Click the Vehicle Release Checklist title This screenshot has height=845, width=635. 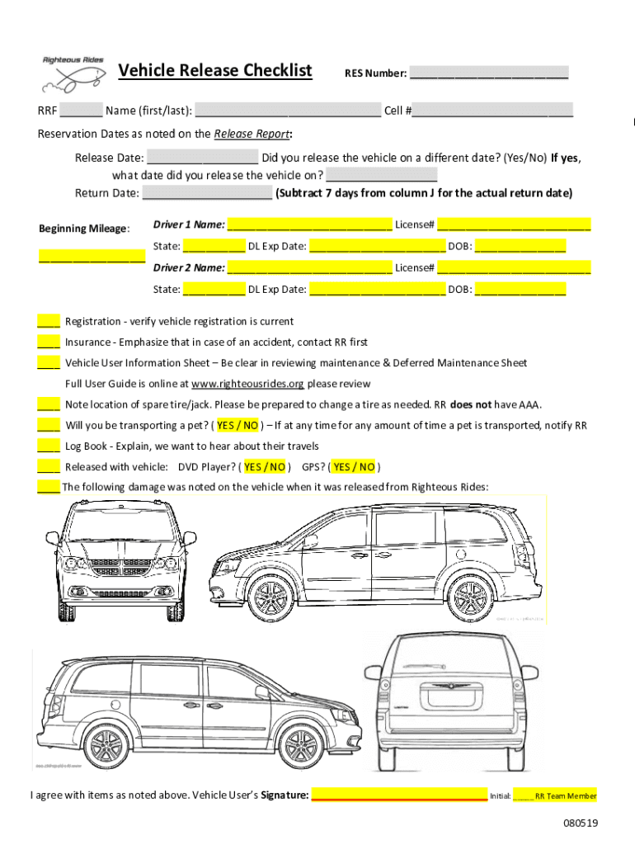[x=215, y=71]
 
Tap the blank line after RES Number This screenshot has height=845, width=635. [x=489, y=74]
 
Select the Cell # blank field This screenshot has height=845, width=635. [x=492, y=111]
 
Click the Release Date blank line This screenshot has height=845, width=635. [x=202, y=158]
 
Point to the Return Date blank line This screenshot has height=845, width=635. [x=207, y=194]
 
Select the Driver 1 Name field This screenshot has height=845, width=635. [x=309, y=224]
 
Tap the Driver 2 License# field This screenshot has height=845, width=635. [x=514, y=267]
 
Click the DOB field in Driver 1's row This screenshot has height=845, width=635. [x=520, y=246]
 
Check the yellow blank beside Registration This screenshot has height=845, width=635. [x=48, y=322]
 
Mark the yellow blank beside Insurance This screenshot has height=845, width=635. [x=48, y=342]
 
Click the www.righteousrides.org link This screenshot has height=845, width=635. [x=247, y=384]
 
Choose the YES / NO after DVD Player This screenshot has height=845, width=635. [x=265, y=467]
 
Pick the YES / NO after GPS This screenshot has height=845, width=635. [x=354, y=467]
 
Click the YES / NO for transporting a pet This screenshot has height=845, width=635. [x=238, y=426]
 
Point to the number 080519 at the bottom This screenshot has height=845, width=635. [x=581, y=824]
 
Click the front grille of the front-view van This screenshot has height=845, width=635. [x=120, y=570]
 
